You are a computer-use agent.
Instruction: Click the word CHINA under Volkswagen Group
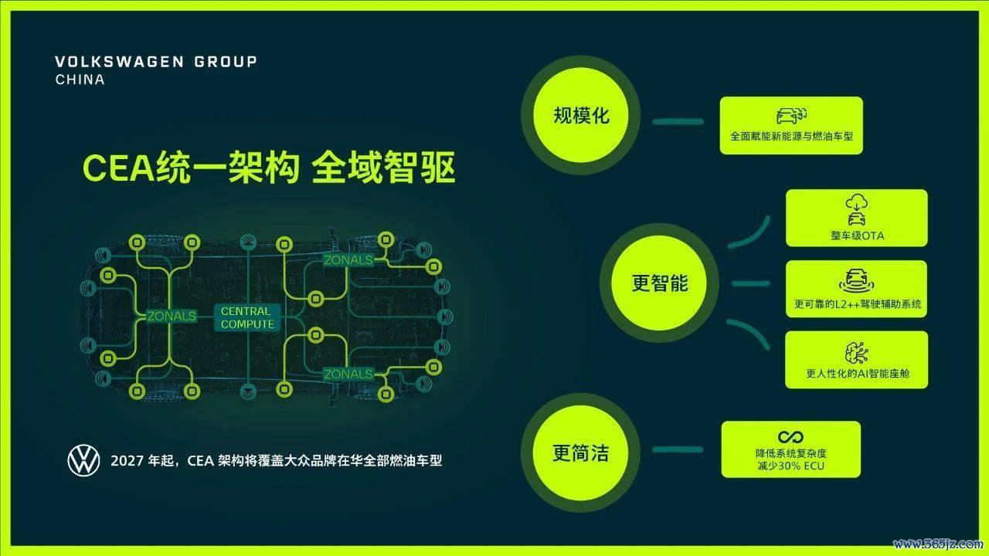(80, 80)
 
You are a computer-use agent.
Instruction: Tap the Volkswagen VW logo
(84, 460)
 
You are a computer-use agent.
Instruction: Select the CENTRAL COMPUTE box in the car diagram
(246, 317)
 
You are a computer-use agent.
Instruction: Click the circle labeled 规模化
(581, 115)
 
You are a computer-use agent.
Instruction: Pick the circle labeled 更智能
(660, 283)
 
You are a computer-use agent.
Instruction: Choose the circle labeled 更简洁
(580, 453)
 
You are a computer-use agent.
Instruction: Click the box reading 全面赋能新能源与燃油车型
(791, 125)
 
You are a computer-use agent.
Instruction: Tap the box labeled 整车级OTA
(857, 218)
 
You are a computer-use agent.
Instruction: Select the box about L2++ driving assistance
(857, 289)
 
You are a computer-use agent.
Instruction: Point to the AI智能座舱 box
(857, 360)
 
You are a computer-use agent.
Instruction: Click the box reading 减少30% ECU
(790, 449)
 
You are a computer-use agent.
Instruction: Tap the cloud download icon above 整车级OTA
(857, 202)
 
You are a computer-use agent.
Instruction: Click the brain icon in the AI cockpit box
(857, 353)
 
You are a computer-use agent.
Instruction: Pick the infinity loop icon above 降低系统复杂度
(790, 437)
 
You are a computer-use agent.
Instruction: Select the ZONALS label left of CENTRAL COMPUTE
(172, 316)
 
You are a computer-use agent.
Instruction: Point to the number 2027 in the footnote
(127, 461)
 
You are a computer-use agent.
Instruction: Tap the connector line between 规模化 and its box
(678, 121)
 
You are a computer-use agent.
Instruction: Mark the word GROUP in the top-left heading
(226, 62)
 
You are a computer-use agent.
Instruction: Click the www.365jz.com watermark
(938, 544)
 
